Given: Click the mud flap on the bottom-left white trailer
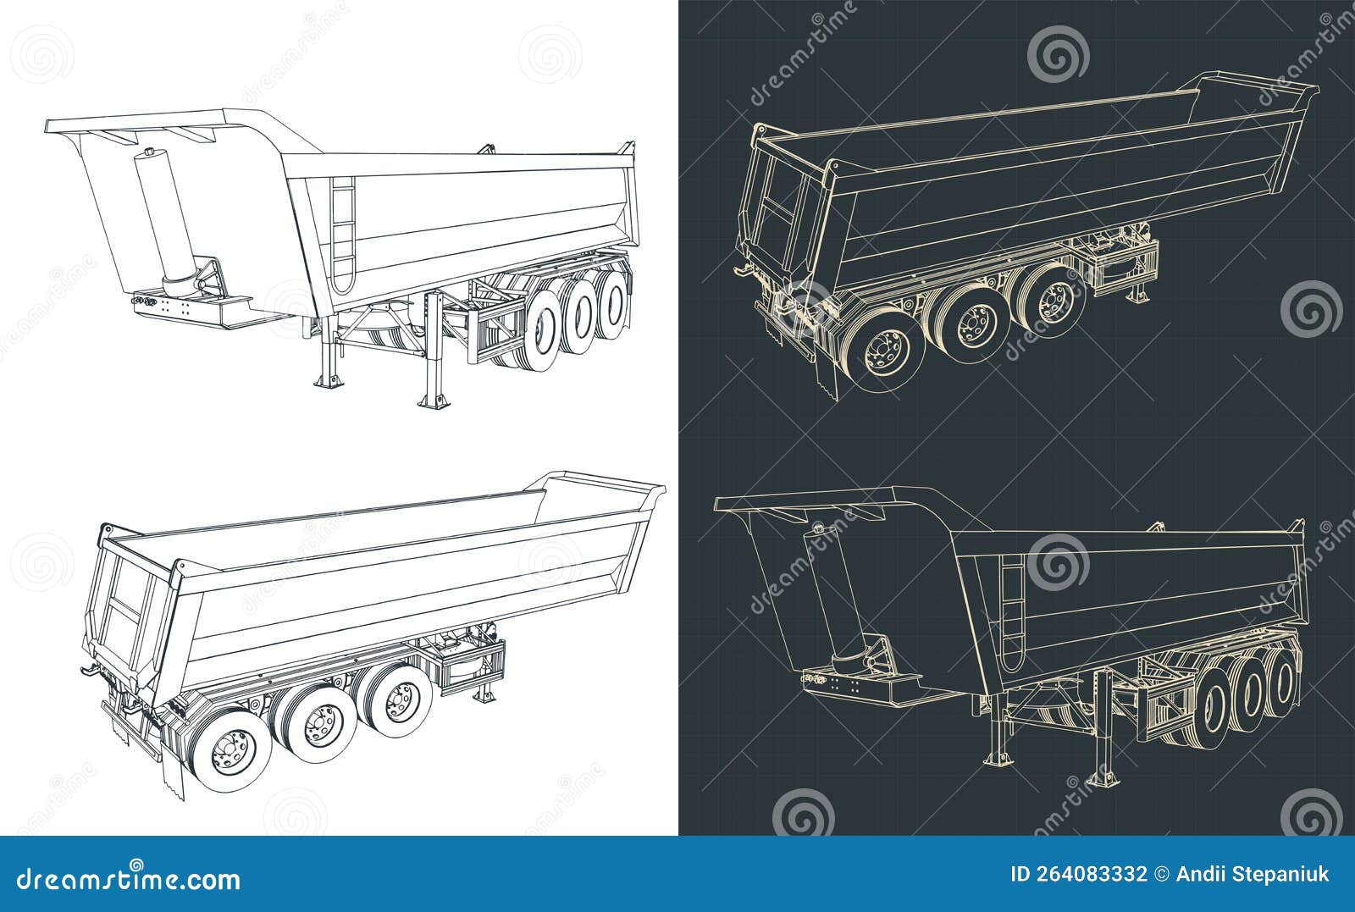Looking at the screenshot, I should pos(169,766).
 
